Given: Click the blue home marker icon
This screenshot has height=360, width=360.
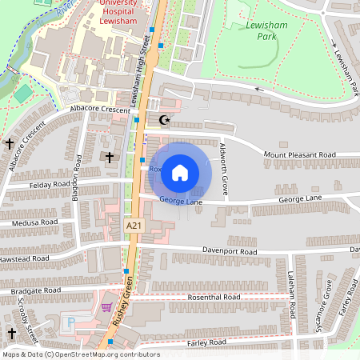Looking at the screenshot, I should pyautogui.click(x=180, y=171).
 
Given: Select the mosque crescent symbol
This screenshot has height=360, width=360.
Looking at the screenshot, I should pyautogui.click(x=166, y=121).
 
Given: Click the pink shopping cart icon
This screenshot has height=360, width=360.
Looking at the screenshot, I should pyautogui.click(x=106, y=306).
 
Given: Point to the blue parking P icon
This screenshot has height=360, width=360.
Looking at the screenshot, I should pyautogui.click(x=70, y=322).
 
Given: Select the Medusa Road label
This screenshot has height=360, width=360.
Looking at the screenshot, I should pyautogui.click(x=29, y=222).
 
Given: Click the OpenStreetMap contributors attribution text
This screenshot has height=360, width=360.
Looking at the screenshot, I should pyautogui.click(x=80, y=354).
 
